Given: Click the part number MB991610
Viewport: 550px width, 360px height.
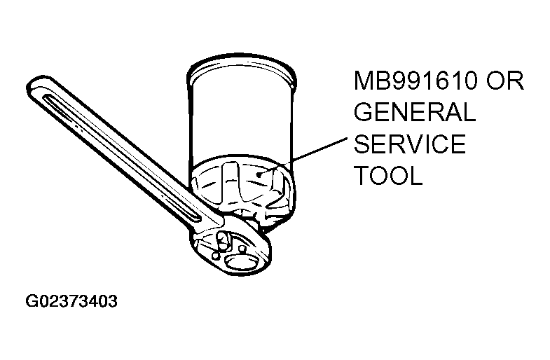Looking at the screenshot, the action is pos(416,81).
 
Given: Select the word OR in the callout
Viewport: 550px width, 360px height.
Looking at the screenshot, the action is pos(504,81).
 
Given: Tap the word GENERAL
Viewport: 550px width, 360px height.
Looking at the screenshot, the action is pos(414,112).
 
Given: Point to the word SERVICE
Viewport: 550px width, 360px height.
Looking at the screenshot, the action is pos(409,144).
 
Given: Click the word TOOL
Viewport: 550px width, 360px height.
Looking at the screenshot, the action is pos(388,175).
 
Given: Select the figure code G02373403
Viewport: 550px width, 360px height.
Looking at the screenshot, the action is pos(71,300).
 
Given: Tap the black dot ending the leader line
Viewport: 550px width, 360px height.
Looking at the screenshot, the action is pos(259,174).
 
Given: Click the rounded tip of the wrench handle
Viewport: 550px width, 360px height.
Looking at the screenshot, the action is pos(34,85).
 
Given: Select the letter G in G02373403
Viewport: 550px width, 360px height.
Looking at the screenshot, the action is pos(31,300).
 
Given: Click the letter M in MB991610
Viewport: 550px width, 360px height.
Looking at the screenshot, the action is pos(363,81).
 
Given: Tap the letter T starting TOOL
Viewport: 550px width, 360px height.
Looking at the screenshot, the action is pos(362,175).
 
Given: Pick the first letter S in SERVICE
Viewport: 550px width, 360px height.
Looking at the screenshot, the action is pos(362,144).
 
